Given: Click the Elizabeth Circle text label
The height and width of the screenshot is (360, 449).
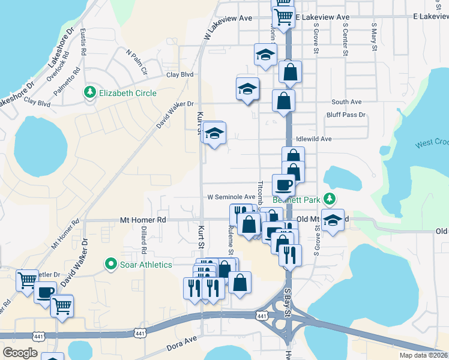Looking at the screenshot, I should pos(128,93).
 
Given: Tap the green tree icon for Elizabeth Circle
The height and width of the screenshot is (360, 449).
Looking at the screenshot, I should pos(90,92).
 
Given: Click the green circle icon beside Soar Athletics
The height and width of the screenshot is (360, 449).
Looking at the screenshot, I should pos(110,263).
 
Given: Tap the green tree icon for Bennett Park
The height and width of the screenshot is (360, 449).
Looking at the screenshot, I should pos(329,198).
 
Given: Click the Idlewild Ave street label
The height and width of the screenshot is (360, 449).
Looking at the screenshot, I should pos(313,139).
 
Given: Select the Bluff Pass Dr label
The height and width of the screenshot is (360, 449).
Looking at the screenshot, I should pos(346,115).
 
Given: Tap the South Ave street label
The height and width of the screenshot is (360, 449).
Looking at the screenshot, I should pos(346,102).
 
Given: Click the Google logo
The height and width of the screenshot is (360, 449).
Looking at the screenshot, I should pos(20,352).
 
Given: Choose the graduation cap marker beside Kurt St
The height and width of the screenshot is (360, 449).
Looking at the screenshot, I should pos(214,133).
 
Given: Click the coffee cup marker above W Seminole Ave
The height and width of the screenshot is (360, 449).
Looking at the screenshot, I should pos(283,184).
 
